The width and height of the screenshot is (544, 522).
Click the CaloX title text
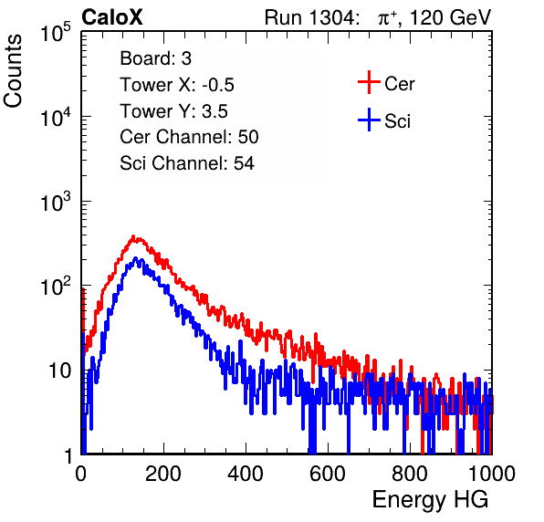click(112, 17)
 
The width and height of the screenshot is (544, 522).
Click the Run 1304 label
click(309, 17)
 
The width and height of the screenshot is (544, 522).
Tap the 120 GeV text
click(451, 17)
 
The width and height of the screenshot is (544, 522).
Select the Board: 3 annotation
click(155, 58)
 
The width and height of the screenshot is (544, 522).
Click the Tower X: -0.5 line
click(177, 85)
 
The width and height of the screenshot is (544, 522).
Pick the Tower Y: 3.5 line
click(173, 111)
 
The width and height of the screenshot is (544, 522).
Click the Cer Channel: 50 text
click(189, 137)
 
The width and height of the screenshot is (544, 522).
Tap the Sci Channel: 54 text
click(187, 163)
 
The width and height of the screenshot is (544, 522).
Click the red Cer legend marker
click(369, 82)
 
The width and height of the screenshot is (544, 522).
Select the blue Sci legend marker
click(369, 120)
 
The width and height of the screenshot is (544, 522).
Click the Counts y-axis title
click(13, 70)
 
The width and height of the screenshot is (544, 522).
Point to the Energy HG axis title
click(430, 499)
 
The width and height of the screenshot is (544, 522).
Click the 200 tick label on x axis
click(163, 474)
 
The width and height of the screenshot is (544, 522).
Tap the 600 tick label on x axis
click(328, 474)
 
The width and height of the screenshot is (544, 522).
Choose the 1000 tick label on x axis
click(492, 474)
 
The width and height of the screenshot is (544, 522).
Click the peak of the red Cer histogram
click(133, 236)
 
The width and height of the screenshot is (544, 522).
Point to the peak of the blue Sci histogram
click(136, 258)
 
